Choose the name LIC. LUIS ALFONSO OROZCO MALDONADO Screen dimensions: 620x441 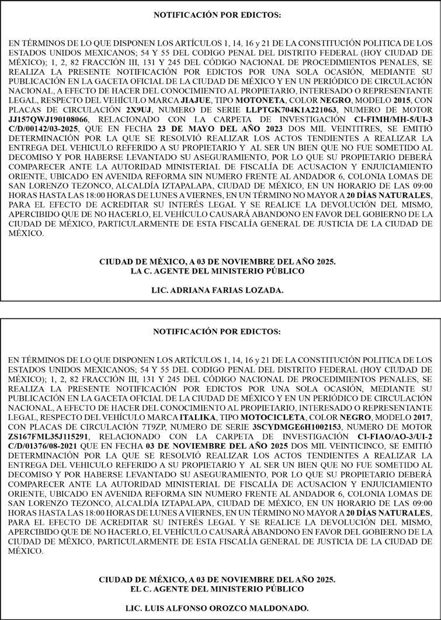pos(217,608)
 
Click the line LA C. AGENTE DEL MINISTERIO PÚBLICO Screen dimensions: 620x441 pos(217,271)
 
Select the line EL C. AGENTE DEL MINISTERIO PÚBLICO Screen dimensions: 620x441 pos(217,588)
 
